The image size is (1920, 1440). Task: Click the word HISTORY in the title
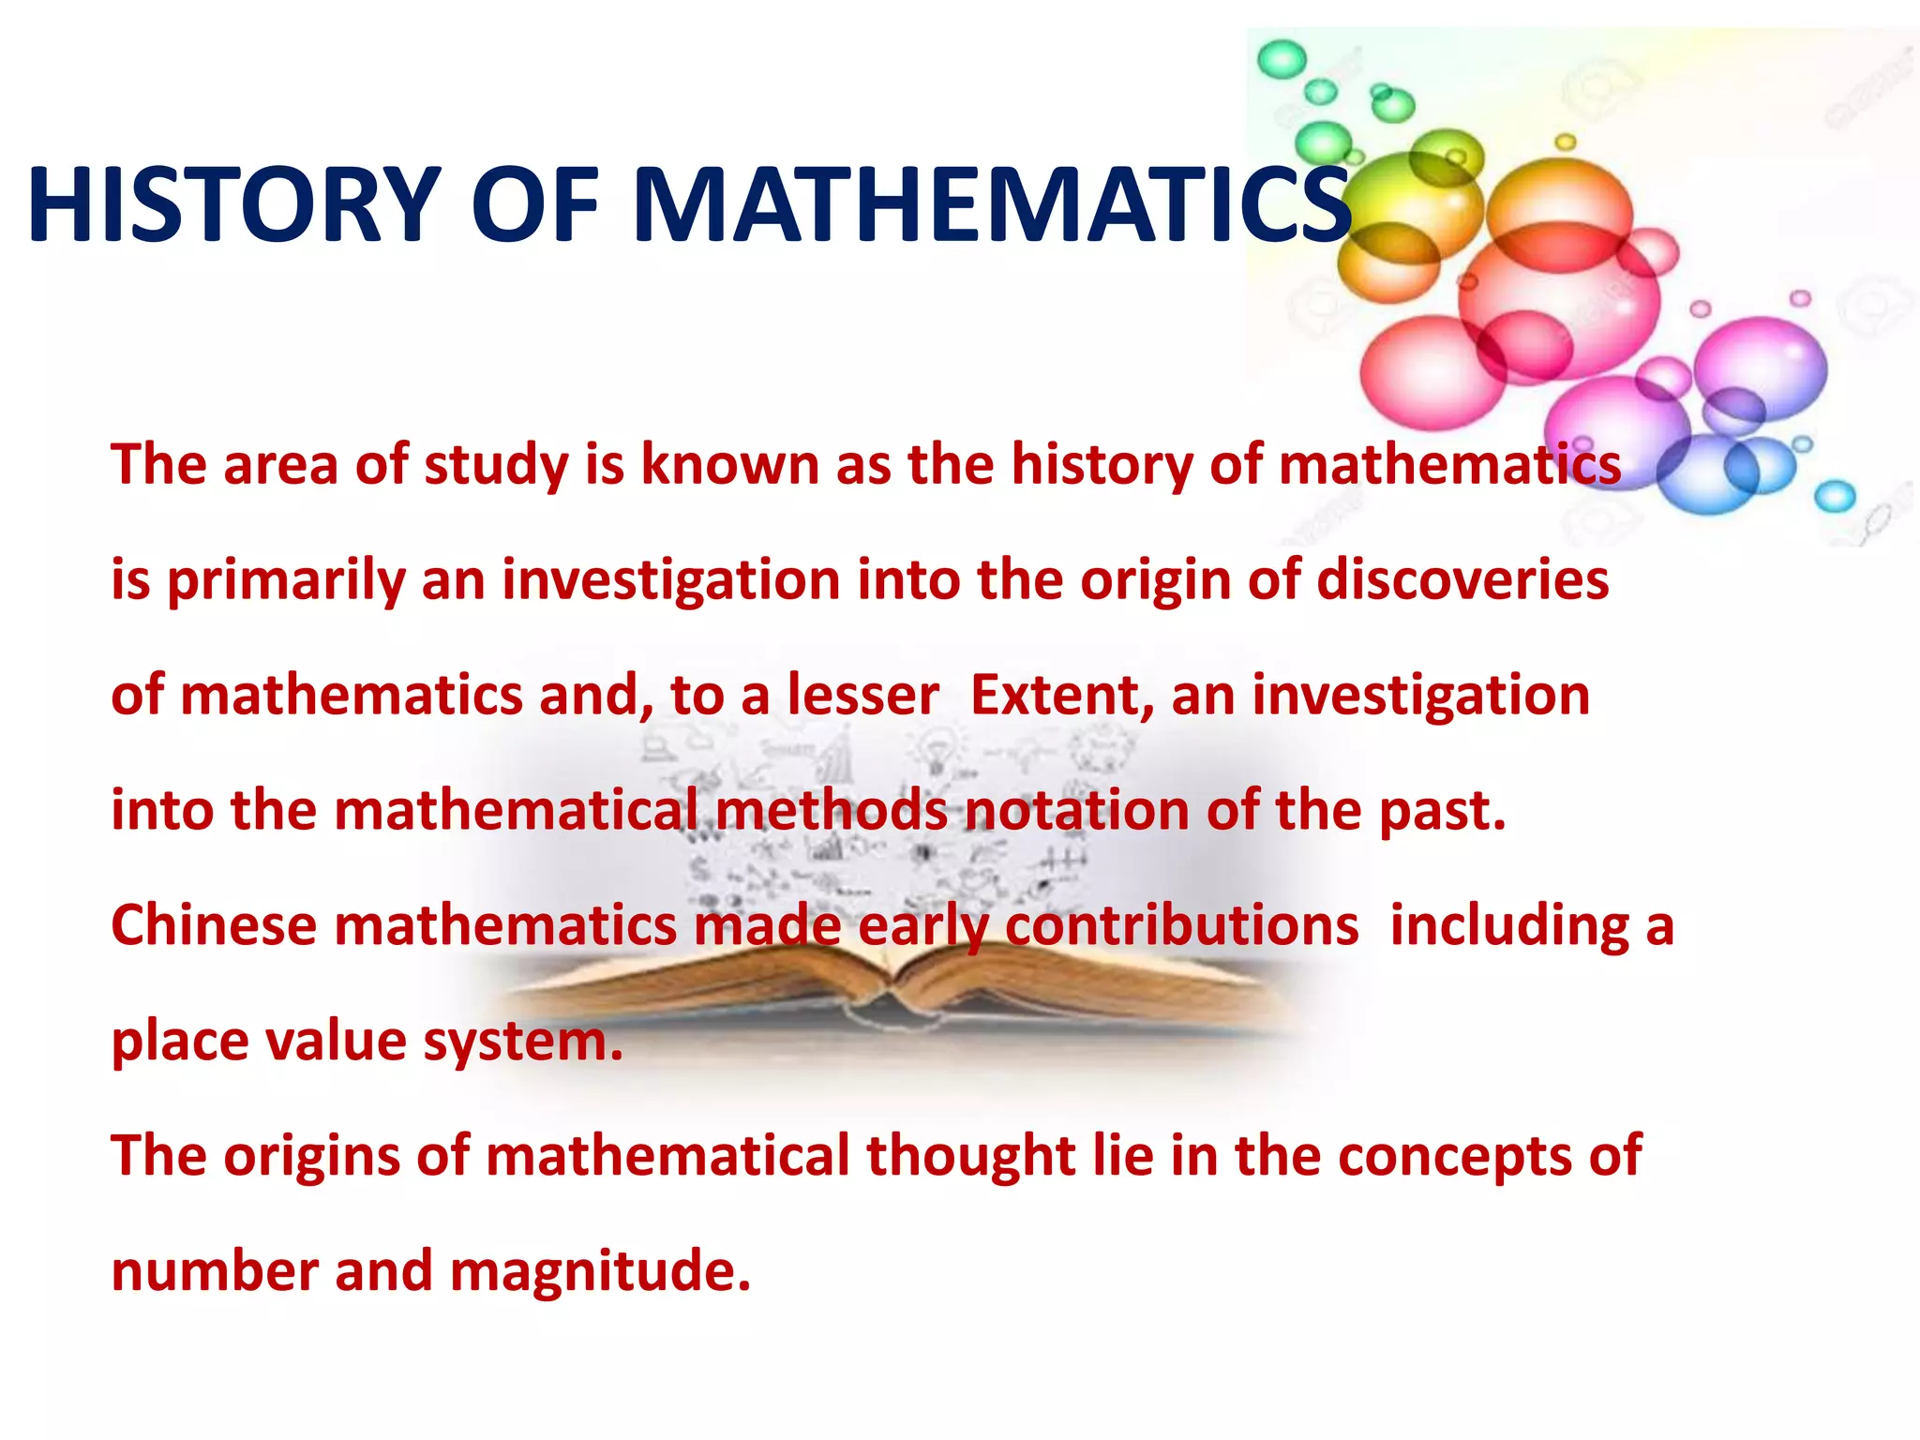(234, 204)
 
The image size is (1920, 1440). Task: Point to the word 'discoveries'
(1462, 579)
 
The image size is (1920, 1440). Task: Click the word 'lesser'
(862, 696)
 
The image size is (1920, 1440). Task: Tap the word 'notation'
(1077, 810)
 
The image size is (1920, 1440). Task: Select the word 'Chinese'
(215, 925)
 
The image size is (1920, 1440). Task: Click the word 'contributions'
(1182, 925)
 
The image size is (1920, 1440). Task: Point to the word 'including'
(1509, 925)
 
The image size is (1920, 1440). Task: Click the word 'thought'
(970, 1156)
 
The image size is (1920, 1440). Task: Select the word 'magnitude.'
(600, 1271)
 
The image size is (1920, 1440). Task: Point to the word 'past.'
(1443, 812)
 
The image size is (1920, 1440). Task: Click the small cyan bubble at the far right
(1835, 496)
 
